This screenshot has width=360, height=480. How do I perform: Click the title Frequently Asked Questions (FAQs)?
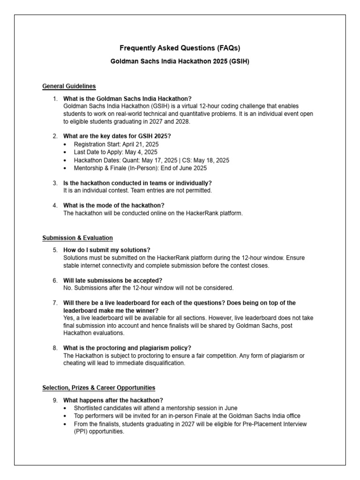pos(180,48)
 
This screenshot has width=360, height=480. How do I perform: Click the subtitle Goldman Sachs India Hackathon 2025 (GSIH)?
pos(180,61)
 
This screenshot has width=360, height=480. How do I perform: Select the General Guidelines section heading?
pos(69,86)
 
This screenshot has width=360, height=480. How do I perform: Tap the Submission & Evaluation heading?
pos(77,238)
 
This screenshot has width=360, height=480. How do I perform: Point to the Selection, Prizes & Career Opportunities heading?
pos(98,388)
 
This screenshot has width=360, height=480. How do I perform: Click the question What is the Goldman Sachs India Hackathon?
pos(127,98)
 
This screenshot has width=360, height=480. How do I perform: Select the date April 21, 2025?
pos(141,144)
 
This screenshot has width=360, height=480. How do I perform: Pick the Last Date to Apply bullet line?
pos(115,152)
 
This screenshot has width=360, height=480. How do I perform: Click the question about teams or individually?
pos(137,183)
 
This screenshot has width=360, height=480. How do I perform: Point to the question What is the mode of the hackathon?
pos(114,205)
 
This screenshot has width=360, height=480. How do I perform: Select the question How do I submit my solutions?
pos(107,250)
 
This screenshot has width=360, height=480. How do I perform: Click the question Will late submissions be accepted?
pos(112,280)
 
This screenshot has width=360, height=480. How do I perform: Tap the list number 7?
pos(55,303)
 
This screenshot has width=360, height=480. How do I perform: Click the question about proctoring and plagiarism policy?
pos(127,348)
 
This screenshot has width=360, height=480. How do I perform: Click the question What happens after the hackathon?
pos(113,400)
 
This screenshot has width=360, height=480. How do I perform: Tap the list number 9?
pos(55,400)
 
